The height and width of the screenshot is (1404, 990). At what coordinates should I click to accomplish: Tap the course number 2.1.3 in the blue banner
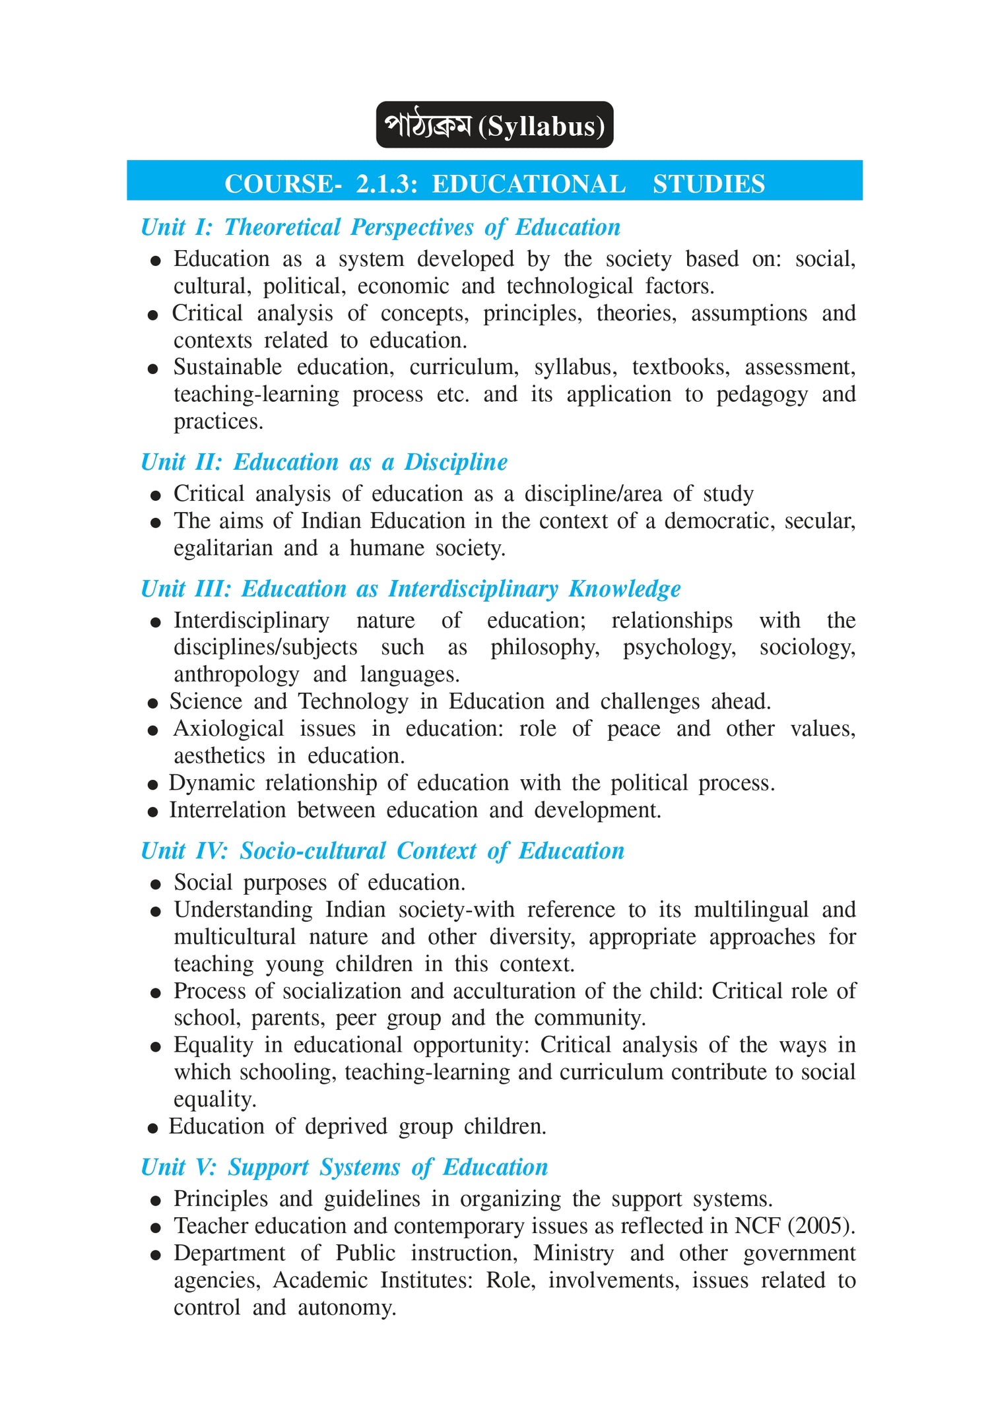[x=387, y=184]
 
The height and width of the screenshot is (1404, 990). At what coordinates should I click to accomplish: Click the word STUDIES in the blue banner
[x=709, y=184]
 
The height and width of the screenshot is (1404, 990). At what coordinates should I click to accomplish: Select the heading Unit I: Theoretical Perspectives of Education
[x=381, y=227]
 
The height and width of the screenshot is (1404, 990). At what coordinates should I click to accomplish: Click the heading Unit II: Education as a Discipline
[x=324, y=462]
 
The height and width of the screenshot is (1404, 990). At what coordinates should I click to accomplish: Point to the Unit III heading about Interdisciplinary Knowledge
[x=411, y=589]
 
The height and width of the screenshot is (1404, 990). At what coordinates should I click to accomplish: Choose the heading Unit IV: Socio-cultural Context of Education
[x=382, y=850]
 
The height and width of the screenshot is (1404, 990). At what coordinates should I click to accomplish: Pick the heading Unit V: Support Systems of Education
[x=344, y=1166]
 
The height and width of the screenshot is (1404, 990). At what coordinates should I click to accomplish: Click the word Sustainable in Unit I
[x=228, y=367]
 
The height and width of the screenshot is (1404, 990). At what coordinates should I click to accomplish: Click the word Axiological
[x=228, y=728]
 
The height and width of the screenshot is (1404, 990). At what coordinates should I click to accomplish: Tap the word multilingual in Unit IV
[x=750, y=910]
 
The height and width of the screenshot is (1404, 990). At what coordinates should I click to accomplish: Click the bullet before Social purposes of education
[x=155, y=884]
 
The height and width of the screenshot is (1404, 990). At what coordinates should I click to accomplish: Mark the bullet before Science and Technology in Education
[x=152, y=703]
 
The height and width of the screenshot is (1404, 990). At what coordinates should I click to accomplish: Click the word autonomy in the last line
[x=346, y=1307]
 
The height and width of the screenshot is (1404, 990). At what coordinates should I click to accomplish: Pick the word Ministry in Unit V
[x=573, y=1253]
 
